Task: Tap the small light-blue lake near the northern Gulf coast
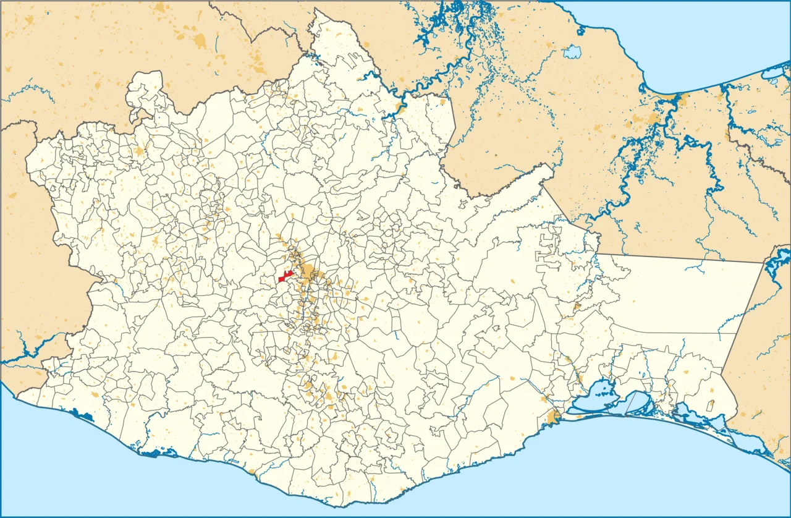pyautogui.click(x=572, y=52)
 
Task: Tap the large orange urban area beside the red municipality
pyautogui.click(x=306, y=275)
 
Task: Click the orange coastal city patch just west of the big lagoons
pyautogui.click(x=552, y=419)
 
